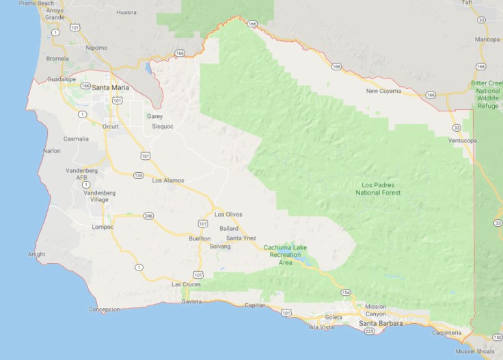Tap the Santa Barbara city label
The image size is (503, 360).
381,323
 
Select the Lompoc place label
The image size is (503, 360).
102,227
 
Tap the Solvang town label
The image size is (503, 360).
221,246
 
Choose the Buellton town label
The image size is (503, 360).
200,238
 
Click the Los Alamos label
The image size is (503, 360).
168,180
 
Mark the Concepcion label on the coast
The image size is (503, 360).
104,309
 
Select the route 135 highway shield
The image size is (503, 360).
139,176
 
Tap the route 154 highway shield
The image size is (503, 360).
345,292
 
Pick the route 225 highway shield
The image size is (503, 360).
370,331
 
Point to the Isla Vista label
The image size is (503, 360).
321,327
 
